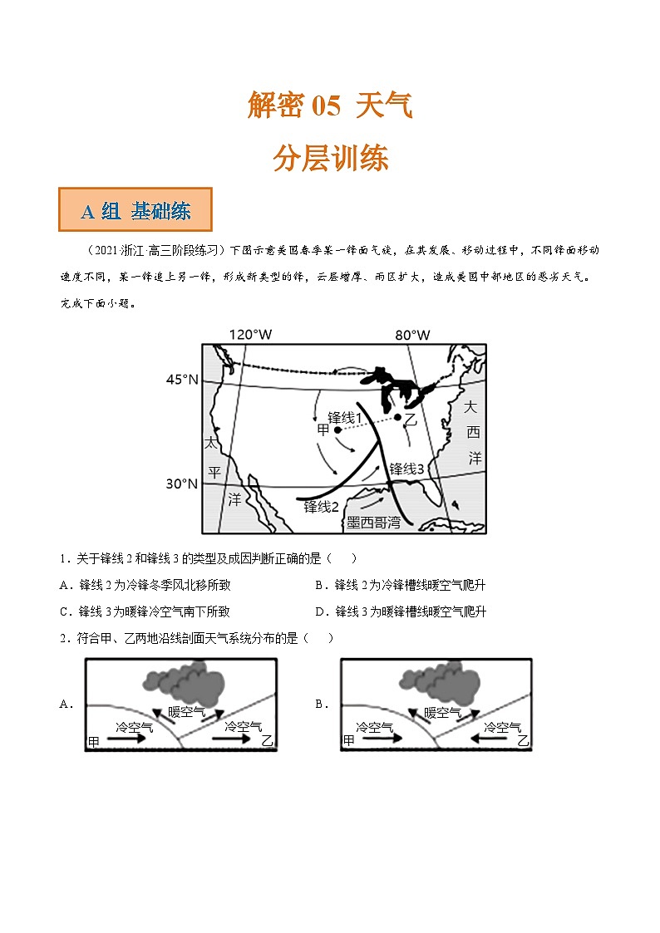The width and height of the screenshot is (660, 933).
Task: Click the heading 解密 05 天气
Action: [x=330, y=106]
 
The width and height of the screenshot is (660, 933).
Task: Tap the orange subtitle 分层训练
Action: [x=330, y=158]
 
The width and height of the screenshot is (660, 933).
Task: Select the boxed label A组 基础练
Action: [x=135, y=211]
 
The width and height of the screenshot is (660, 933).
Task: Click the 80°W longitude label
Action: [x=412, y=335]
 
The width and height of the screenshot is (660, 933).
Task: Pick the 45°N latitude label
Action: [x=182, y=380]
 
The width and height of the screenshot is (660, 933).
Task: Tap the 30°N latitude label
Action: [x=182, y=484]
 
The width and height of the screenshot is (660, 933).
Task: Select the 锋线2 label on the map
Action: [x=321, y=507]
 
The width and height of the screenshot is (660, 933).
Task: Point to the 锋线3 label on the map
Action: [x=407, y=469]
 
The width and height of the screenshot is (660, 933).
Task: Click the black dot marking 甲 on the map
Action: [x=337, y=430]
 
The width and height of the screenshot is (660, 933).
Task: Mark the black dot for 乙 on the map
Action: [x=398, y=417]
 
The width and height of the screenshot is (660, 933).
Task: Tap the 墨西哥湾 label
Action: [x=373, y=522]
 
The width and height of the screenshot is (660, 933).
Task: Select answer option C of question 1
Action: [x=145, y=611]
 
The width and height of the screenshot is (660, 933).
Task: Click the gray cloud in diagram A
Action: [x=196, y=680]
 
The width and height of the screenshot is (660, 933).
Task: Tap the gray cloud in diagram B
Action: [x=452, y=680]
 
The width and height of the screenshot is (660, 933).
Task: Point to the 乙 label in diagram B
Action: [x=522, y=740]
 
